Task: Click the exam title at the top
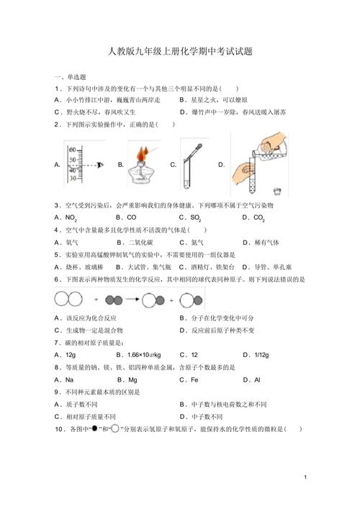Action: coord(179,52)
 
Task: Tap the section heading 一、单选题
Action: coord(70,77)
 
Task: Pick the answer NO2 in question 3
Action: coord(71,217)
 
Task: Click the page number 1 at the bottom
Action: coord(305,477)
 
